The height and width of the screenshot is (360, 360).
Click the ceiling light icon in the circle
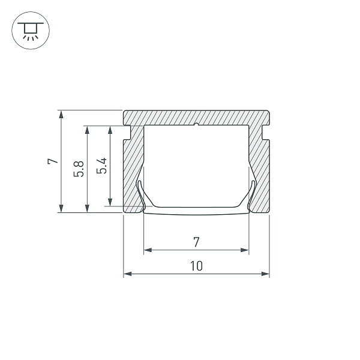pyautogui.click(x=28, y=28)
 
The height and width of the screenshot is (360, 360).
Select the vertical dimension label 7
pyautogui.click(x=52, y=161)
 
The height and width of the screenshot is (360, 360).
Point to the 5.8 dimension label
pyautogui.click(x=79, y=169)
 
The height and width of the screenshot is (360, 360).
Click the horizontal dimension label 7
pyautogui.click(x=196, y=242)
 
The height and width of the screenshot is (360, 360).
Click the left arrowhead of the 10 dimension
pyautogui.click(x=127, y=274)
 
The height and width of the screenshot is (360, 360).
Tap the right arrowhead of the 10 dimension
pyautogui.click(x=266, y=274)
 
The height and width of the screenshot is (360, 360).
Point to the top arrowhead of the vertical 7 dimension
pyautogui.click(x=61, y=113)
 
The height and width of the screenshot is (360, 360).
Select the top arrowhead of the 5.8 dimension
pyautogui.click(x=88, y=129)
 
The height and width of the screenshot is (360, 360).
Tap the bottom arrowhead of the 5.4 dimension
pyautogui.click(x=110, y=203)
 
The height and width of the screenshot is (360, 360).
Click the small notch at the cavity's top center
pyautogui.click(x=196, y=125)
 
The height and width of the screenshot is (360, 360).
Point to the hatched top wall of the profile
pyautogui.click(x=196, y=118)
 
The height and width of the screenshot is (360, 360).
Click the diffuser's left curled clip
pyautogui.click(x=140, y=195)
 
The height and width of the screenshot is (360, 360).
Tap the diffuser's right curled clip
pyautogui.click(x=252, y=195)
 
